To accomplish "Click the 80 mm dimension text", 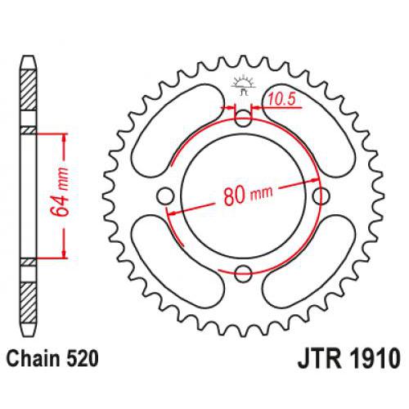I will [246, 196].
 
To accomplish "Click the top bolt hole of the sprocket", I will [243, 118].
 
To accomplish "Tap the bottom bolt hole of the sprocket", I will [243, 274].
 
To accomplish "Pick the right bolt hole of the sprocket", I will [321, 196].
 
